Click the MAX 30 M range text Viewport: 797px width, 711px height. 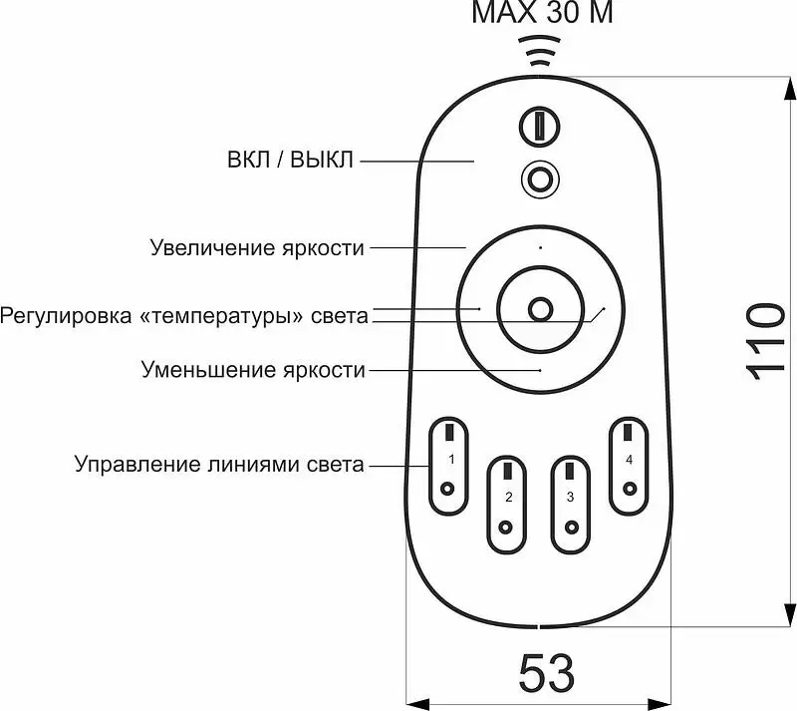point(542,12)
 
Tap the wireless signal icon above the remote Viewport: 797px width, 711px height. point(539,51)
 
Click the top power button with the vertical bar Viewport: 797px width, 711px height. point(539,127)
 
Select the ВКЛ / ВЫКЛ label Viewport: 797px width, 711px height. point(290,161)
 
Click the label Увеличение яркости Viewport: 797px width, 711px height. point(257,248)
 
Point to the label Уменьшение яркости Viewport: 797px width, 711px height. point(253,370)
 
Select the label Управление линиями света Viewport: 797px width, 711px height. point(219,464)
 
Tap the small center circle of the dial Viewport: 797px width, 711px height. point(540,309)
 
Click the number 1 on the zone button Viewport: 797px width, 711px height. point(451,460)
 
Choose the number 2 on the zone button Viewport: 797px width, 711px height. point(509,497)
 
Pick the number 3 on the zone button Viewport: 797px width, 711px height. point(570,497)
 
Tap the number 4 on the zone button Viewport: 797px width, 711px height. point(629,460)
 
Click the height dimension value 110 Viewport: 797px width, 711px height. point(765,341)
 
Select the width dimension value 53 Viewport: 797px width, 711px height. point(546,673)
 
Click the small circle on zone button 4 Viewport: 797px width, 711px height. point(630,489)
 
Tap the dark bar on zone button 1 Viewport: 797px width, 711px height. point(449,432)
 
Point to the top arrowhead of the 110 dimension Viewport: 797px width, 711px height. point(789,90)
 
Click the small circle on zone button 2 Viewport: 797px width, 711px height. point(505,528)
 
